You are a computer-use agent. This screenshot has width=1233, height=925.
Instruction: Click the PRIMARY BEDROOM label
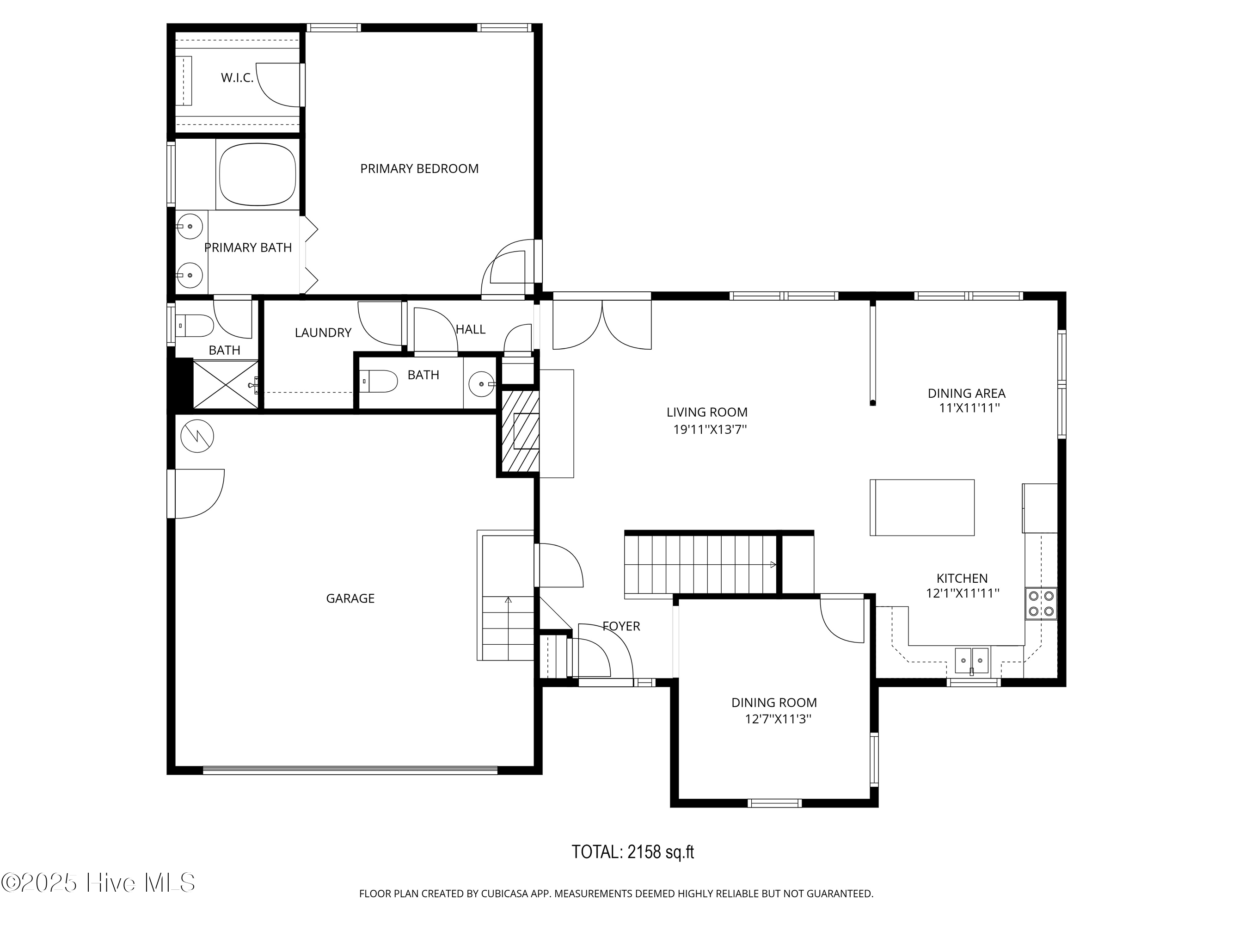[419, 168]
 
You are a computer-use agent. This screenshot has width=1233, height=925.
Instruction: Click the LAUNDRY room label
[323, 333]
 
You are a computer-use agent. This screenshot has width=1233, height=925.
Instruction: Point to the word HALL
[471, 329]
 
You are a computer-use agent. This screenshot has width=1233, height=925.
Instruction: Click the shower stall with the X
[226, 385]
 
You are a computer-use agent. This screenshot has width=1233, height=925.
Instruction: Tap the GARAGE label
[350, 598]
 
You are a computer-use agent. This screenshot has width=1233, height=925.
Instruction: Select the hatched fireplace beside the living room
[520, 432]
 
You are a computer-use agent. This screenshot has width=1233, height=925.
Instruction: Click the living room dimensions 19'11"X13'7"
[710, 429]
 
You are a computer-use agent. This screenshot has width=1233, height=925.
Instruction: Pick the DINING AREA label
[966, 393]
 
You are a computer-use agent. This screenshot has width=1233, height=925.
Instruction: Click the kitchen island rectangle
[922, 507]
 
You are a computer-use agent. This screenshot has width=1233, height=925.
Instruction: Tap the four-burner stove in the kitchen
[1041, 603]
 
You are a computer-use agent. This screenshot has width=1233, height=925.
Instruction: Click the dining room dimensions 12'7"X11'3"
[778, 719]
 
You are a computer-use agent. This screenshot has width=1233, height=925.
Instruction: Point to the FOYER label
[621, 626]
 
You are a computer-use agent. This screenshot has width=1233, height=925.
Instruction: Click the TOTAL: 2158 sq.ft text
[632, 852]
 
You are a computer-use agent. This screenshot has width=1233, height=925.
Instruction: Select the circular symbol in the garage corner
[197, 436]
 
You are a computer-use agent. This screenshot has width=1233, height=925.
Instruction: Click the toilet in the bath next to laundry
[379, 382]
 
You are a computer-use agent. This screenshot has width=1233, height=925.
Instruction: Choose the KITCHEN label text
[962, 578]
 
